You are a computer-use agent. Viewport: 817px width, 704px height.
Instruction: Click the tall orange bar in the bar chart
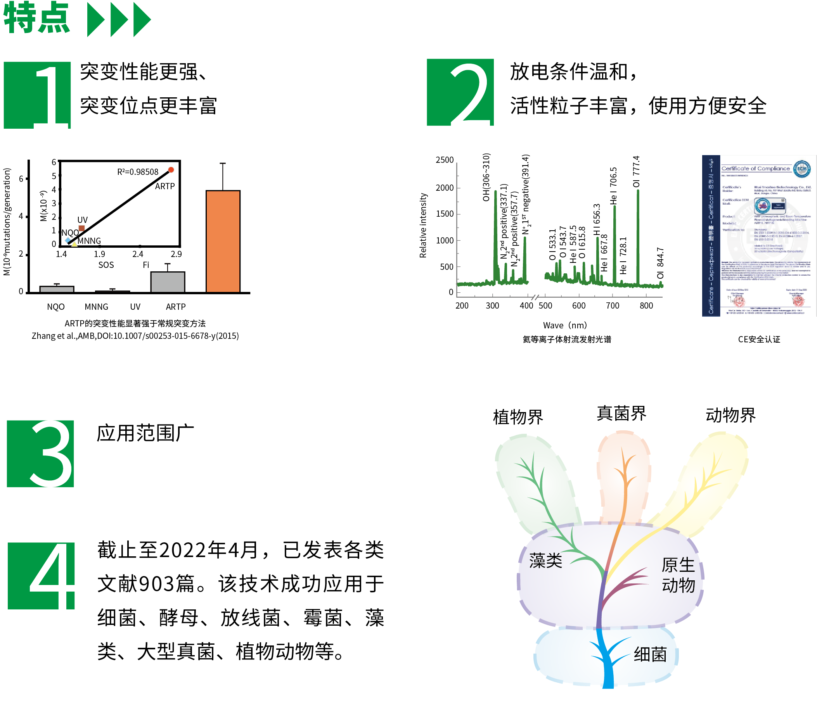(223, 241)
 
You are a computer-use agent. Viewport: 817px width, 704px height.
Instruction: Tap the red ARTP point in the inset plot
(171, 170)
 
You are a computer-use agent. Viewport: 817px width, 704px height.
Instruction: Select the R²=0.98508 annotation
(138, 172)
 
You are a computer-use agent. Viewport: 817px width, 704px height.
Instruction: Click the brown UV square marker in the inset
(81, 228)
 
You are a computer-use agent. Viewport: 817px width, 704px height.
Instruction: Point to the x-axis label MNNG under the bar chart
(96, 307)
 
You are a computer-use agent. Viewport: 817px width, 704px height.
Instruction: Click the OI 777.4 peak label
(636, 172)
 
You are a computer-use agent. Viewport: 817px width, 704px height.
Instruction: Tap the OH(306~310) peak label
(486, 177)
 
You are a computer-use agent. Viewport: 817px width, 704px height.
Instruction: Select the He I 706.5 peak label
(614, 186)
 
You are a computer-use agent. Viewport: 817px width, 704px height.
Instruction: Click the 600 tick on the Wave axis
(579, 306)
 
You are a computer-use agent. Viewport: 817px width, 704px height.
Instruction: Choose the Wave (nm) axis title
(564, 325)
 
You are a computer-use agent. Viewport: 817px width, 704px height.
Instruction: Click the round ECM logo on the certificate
(802, 169)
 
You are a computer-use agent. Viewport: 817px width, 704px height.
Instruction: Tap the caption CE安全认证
(759, 340)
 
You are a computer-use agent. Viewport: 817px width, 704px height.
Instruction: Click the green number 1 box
(38, 95)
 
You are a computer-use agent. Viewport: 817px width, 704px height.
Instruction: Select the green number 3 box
(41, 454)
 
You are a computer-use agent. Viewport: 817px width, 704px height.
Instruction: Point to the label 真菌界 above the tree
(621, 414)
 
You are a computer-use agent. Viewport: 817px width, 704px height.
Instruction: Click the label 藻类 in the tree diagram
(545, 561)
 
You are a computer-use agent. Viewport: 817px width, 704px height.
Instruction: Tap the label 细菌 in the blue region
(650, 654)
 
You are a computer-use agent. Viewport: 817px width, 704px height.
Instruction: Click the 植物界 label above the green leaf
(518, 417)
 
